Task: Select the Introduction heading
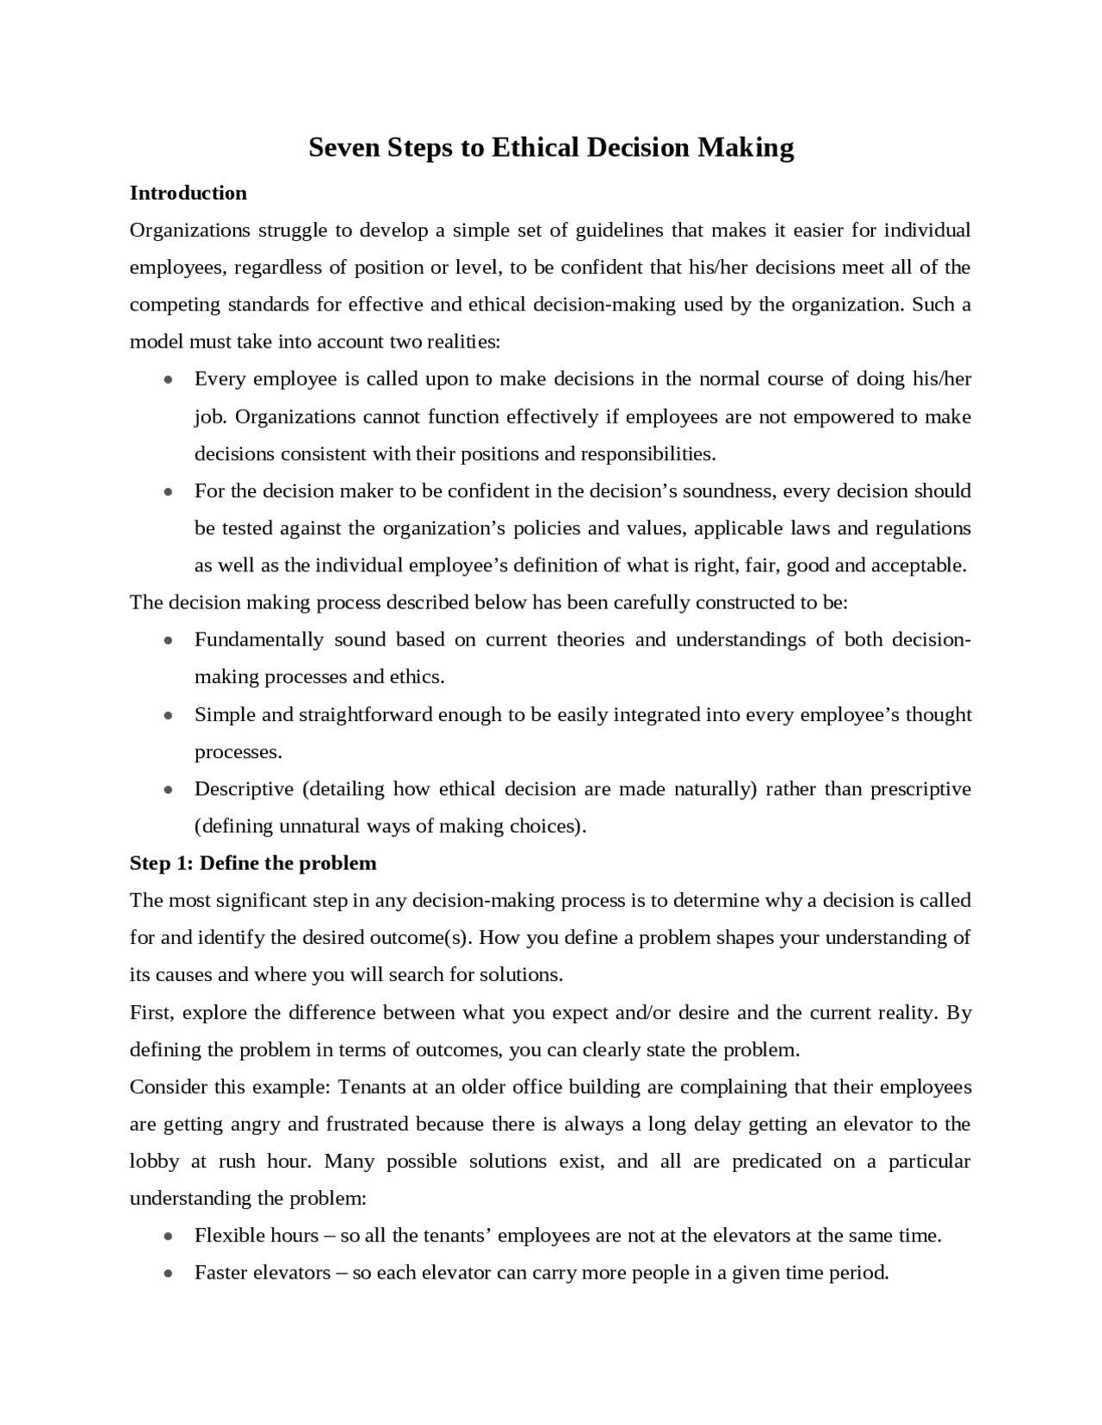click(x=188, y=193)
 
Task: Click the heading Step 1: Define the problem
click(x=253, y=863)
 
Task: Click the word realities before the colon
click(x=463, y=342)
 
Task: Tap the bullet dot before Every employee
click(x=170, y=380)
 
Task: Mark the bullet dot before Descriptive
click(x=170, y=790)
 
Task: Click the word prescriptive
click(x=920, y=789)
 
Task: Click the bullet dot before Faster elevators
click(x=170, y=1274)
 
